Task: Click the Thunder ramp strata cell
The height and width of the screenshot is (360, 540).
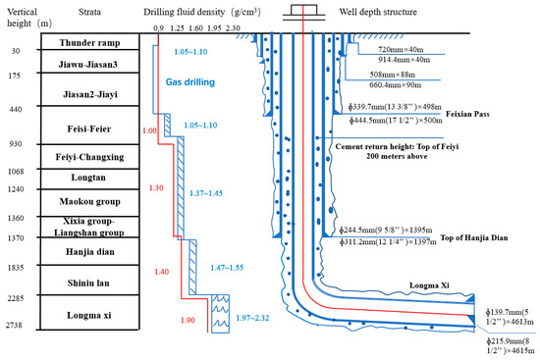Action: (88, 44)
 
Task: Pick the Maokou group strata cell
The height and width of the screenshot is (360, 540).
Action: (88, 201)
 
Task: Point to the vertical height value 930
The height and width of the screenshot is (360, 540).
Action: (15, 144)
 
